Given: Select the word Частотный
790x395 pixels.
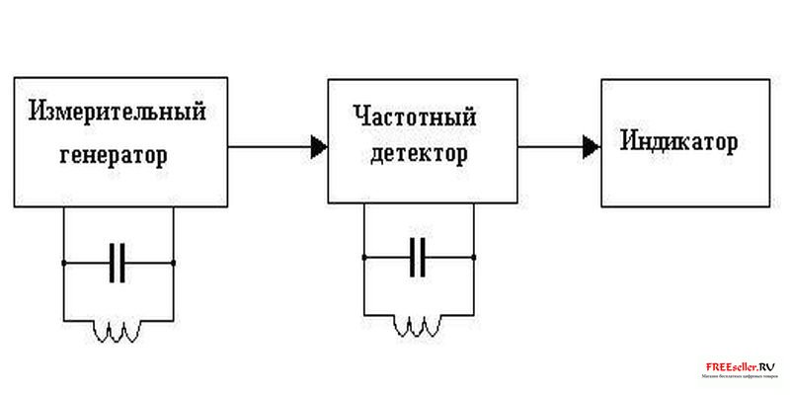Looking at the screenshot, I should (x=415, y=118).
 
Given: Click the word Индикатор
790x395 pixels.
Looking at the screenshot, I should (x=679, y=141).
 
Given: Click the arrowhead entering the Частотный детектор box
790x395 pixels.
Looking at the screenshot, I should (x=319, y=148).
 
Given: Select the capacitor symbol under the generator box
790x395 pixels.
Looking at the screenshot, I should (x=118, y=264).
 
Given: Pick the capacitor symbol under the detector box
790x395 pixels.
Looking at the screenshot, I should (x=420, y=257).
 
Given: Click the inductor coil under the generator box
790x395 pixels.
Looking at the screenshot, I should (x=118, y=333).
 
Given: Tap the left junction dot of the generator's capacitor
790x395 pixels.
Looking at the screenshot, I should (x=63, y=264).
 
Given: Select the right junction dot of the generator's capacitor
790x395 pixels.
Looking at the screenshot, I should (x=173, y=264).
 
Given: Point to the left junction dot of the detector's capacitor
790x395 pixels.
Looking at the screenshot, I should (x=364, y=257).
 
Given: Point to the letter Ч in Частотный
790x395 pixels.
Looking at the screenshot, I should (x=359, y=118).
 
